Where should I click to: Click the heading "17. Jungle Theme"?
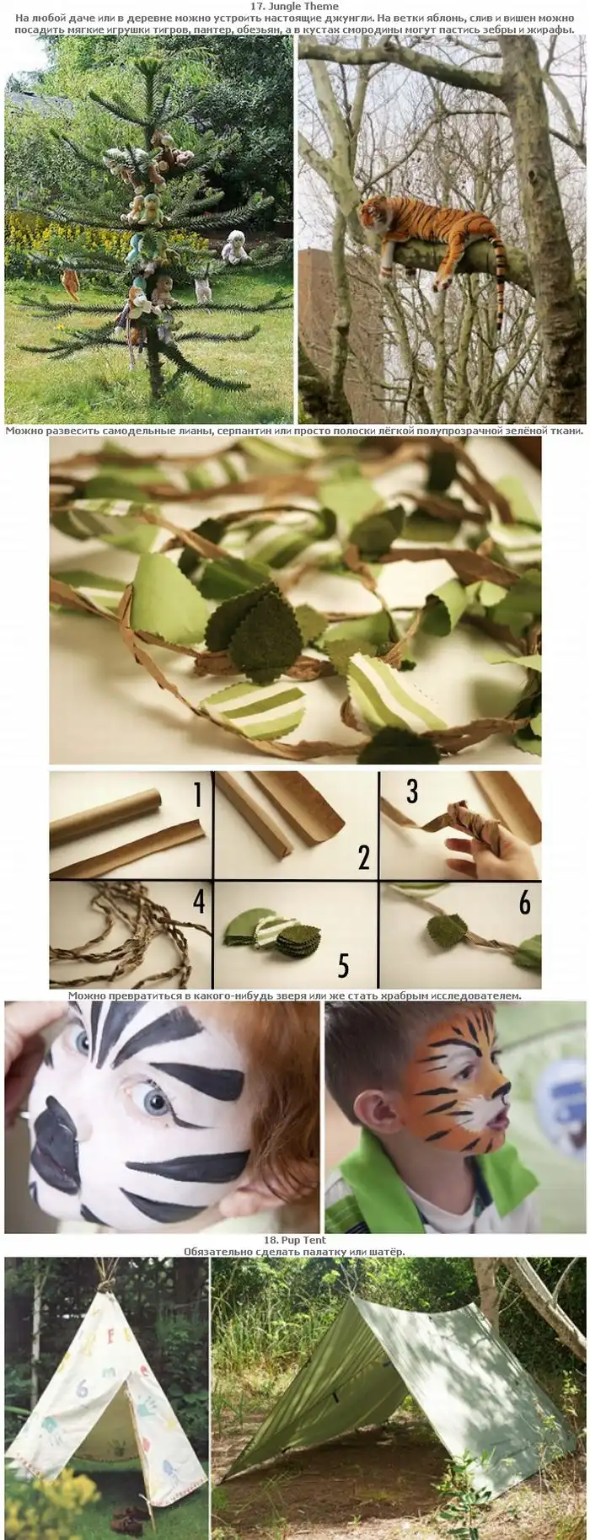click(294, 7)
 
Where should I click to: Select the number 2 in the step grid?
click(363, 856)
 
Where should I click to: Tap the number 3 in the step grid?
click(412, 791)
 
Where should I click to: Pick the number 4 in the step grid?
click(199, 901)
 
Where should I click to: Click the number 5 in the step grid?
click(343, 963)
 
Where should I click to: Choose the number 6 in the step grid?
click(524, 903)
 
